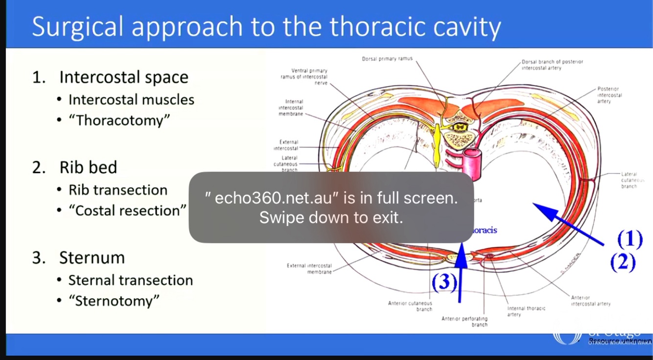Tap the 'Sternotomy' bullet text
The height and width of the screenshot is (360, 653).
point(117,301)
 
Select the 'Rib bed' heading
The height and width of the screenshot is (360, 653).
point(88,168)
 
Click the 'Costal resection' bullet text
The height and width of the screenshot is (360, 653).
point(127,211)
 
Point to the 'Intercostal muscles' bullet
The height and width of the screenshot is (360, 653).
point(131,100)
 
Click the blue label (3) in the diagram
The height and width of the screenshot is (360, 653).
point(444,282)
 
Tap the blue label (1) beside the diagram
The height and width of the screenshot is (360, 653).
point(630,239)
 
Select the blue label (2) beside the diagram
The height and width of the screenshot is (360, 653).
point(623,263)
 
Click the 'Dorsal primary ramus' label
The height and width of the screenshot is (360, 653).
point(387,59)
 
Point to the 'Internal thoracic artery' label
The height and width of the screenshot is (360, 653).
point(526,312)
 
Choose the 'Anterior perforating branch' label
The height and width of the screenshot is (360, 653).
point(465,321)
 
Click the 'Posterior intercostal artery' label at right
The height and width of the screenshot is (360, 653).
point(609,95)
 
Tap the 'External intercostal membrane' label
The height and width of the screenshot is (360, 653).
point(309,268)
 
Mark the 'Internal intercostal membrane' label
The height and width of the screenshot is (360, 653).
point(291,108)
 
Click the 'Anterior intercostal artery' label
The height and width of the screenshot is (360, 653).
point(590,301)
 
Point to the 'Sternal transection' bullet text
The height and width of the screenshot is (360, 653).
point(131,280)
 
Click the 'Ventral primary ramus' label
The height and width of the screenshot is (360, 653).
point(304,77)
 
